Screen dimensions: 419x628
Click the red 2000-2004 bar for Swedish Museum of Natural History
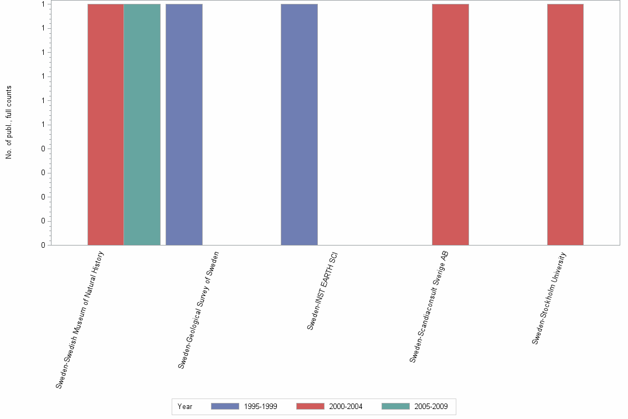tap(106, 124)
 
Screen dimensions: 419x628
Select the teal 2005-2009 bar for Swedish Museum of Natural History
tap(142, 124)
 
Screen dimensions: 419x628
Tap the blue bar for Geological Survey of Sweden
tap(184, 124)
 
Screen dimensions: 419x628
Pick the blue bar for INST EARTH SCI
tap(299, 124)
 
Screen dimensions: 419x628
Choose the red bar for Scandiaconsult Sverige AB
tap(450, 124)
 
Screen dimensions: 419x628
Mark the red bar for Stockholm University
tap(565, 124)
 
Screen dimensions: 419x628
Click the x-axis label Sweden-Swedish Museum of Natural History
tap(80, 319)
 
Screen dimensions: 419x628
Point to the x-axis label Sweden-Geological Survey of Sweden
tap(199, 309)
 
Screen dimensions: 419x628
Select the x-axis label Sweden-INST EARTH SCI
tap(322, 291)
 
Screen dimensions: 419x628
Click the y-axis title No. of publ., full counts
tap(9, 122)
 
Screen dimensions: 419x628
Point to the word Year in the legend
tap(185, 407)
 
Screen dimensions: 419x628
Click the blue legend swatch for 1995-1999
tap(225, 406)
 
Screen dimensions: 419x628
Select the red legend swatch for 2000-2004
tap(310, 406)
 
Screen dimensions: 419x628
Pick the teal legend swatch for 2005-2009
tap(395, 406)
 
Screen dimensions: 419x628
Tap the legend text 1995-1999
tap(260, 407)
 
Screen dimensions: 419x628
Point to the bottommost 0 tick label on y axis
tap(43, 246)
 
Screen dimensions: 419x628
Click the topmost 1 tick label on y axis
tap(43, 4)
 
